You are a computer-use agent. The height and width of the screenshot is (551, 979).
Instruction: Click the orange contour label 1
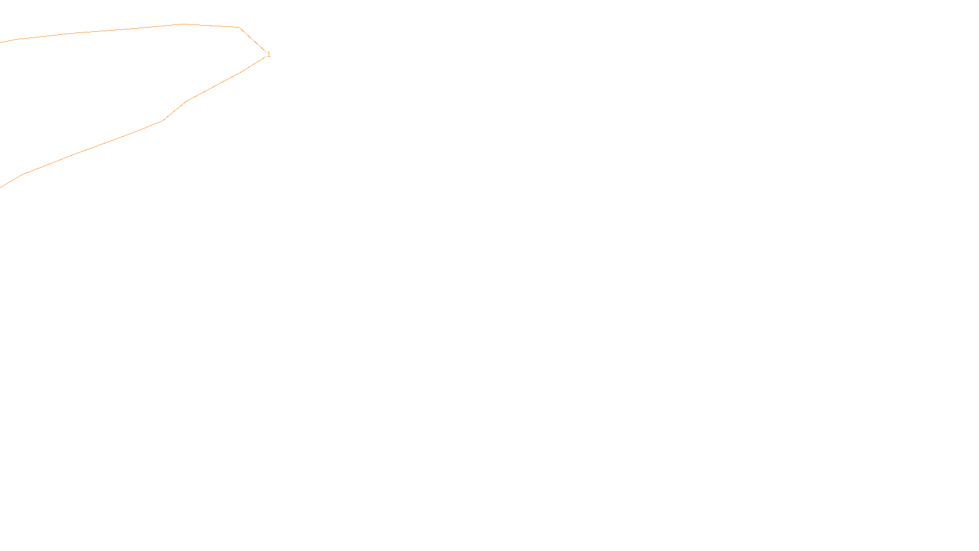pyautogui.click(x=269, y=54)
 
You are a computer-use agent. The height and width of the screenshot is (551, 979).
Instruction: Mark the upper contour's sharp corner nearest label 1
pyautogui.click(x=239, y=28)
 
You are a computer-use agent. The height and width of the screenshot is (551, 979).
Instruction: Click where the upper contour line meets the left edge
pyautogui.click(x=1, y=42)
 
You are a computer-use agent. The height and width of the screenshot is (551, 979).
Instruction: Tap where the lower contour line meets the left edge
pyautogui.click(x=1, y=187)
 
